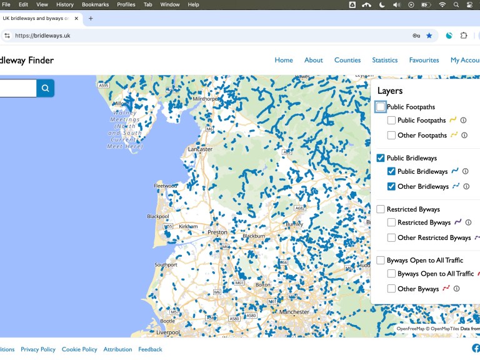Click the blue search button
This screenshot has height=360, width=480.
[45, 88]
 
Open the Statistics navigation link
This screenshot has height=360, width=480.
[384, 60]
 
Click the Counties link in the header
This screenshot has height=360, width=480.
[347, 60]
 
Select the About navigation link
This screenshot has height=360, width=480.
[314, 60]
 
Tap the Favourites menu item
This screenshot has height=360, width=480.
[424, 60]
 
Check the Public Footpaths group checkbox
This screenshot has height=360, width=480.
[381, 107]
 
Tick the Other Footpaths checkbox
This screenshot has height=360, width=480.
[391, 135]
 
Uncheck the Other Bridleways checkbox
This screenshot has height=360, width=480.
[391, 186]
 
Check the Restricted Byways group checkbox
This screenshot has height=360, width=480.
[381, 209]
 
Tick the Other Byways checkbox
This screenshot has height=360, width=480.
[391, 289]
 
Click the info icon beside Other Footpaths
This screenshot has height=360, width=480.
[464, 135]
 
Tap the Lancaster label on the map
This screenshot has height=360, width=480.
[200, 149]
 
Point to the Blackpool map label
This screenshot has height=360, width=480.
[158, 216]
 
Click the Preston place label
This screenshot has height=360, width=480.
[217, 232]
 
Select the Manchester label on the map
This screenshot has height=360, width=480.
[294, 312]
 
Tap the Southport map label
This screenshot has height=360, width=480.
[166, 265]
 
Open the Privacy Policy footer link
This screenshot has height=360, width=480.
[38, 349]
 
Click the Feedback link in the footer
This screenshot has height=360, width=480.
[150, 349]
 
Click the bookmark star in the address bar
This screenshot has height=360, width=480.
[429, 36]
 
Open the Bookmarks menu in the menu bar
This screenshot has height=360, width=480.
[95, 4]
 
